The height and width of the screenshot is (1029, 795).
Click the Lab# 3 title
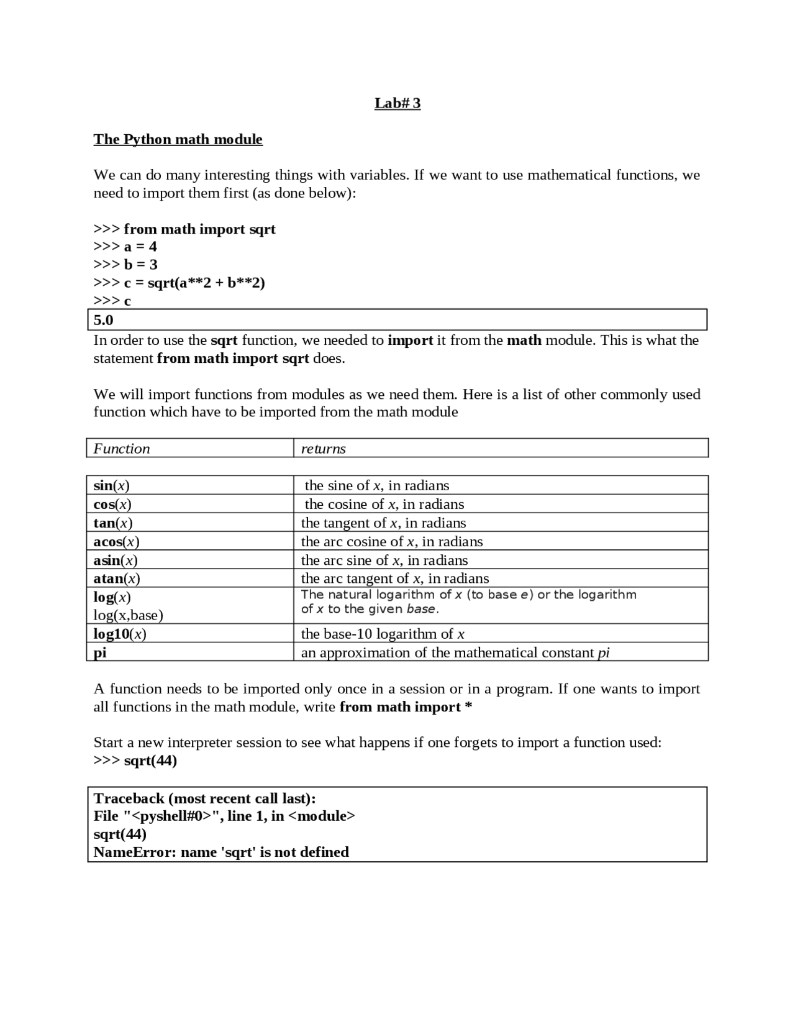point(397,103)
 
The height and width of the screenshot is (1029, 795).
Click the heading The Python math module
point(178,139)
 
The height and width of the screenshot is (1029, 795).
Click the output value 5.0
point(104,320)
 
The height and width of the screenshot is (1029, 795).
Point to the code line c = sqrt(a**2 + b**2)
point(194,283)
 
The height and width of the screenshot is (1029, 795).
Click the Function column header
point(122,449)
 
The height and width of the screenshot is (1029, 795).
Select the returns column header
point(323,449)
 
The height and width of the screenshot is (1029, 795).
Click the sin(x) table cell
point(111,485)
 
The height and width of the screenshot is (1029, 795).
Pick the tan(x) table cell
point(113,523)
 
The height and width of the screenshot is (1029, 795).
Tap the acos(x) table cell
point(116,541)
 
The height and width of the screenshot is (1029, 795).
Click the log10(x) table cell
point(120,634)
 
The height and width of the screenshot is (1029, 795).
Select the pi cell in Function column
point(100,652)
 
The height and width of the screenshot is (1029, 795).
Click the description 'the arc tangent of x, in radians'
point(395,579)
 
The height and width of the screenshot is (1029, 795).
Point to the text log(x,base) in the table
point(128,615)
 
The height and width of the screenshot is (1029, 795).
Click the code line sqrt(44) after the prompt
point(150,761)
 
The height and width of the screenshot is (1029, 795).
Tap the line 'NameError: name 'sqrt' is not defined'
point(221,852)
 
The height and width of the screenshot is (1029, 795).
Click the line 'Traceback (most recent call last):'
point(204,798)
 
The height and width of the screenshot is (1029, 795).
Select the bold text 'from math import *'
point(406,707)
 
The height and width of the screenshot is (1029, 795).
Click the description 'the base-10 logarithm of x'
point(383,634)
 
